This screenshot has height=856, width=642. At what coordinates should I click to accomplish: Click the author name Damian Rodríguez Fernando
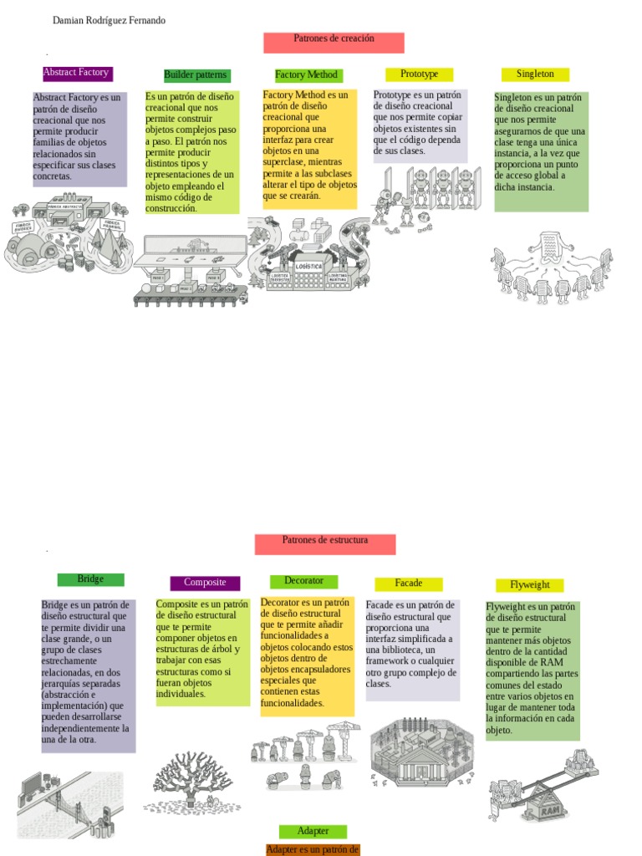(x=109, y=20)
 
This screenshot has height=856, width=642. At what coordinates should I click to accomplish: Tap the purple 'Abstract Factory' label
(x=77, y=73)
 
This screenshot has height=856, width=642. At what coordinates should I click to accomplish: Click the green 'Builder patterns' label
(x=196, y=75)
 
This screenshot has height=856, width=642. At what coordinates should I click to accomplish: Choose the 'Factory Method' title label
(x=308, y=75)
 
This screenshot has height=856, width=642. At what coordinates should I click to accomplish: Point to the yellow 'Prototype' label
(x=419, y=74)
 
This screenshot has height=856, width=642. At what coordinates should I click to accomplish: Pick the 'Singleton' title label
(x=535, y=74)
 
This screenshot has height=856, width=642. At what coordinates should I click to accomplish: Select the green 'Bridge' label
(x=90, y=579)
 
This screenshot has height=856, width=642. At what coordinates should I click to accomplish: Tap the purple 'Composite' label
(x=205, y=583)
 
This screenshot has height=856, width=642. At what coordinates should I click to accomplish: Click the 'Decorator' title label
(x=303, y=581)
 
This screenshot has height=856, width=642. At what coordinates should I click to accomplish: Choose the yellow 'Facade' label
(x=409, y=583)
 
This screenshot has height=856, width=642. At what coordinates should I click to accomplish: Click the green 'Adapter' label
(x=313, y=831)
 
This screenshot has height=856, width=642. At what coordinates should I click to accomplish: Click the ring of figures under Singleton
(x=550, y=264)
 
